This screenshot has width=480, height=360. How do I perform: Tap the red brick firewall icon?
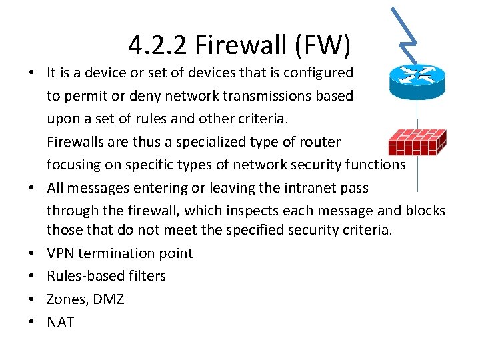(x=417, y=142)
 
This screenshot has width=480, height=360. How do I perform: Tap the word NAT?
(x=61, y=322)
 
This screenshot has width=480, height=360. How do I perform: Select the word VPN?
(x=62, y=253)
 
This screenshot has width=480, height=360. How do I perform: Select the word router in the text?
(x=319, y=141)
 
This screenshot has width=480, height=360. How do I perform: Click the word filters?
(x=145, y=276)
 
